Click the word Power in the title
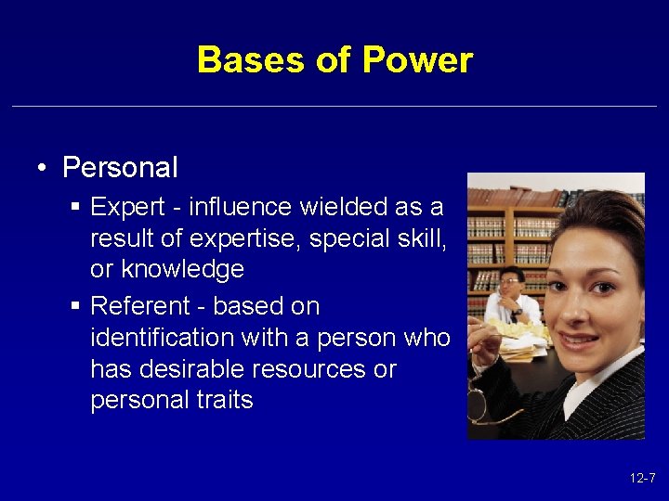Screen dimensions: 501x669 pos(417,60)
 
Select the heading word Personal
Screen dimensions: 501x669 pos(120,168)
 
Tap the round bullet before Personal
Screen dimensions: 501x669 pos(43,169)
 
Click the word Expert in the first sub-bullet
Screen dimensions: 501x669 pos(126,207)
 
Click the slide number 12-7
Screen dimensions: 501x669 pos(641,479)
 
